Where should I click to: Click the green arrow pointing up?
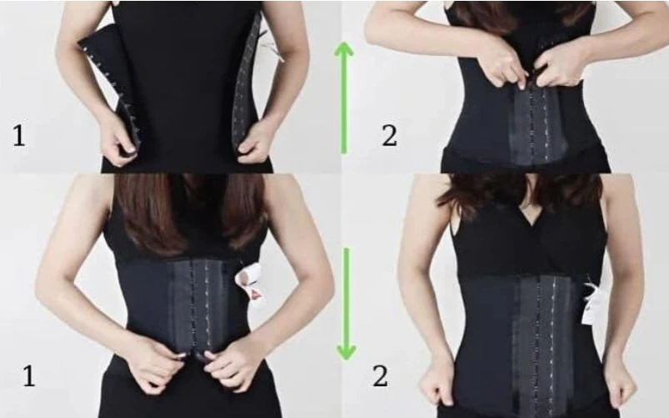point(343,98)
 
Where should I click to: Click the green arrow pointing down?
point(346,304)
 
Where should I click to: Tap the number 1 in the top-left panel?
point(18,135)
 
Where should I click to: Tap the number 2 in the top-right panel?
point(389,136)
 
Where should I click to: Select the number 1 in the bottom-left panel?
point(28,376)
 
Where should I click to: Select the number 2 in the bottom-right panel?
point(381,376)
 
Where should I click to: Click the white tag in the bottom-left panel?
point(251,281)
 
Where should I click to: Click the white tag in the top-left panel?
point(276,48)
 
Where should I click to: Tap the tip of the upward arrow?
point(344,42)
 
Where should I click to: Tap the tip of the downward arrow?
point(346,360)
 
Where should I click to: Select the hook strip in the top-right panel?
point(538,124)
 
